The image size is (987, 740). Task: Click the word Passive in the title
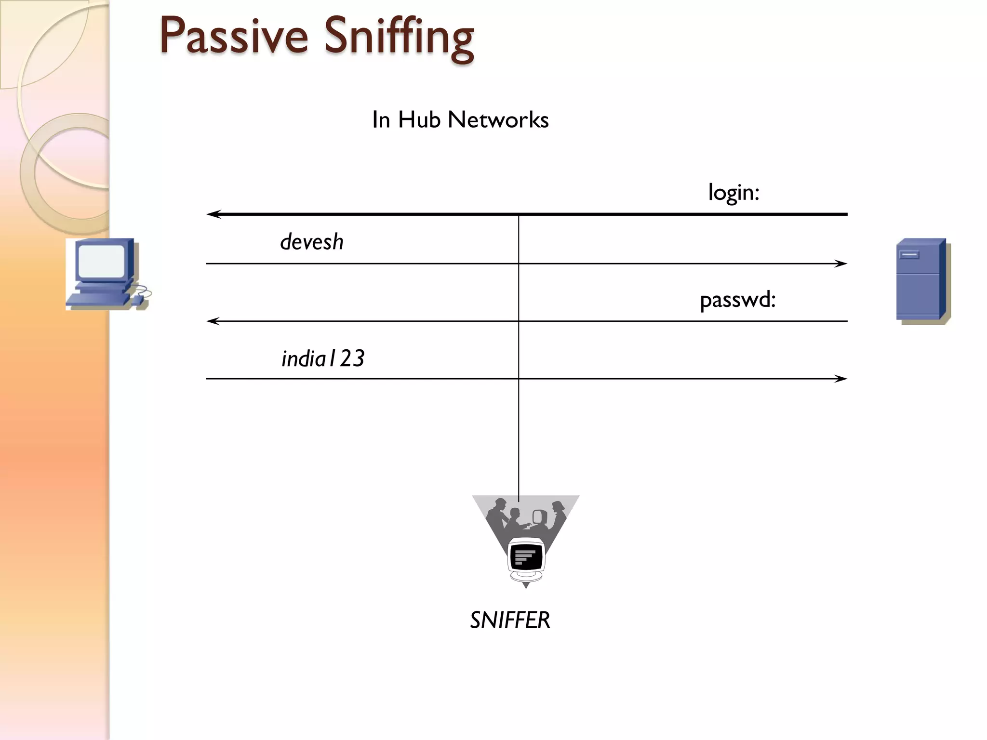233,36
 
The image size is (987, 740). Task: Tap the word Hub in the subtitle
419,119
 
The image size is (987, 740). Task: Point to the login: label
734,193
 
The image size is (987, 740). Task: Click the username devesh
312,242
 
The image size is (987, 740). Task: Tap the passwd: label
737,300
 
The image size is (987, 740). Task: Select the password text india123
323,359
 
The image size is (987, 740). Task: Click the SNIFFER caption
510,620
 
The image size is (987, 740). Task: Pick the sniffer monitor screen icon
526,557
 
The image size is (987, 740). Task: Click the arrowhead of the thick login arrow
213,214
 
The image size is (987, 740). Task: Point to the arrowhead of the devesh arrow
841,264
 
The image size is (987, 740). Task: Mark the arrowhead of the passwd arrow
213,321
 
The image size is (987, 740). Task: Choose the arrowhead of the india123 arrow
841,379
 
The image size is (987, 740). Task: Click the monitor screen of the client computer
101,261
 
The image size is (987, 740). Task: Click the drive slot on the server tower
909,255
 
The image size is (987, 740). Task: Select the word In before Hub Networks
381,119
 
